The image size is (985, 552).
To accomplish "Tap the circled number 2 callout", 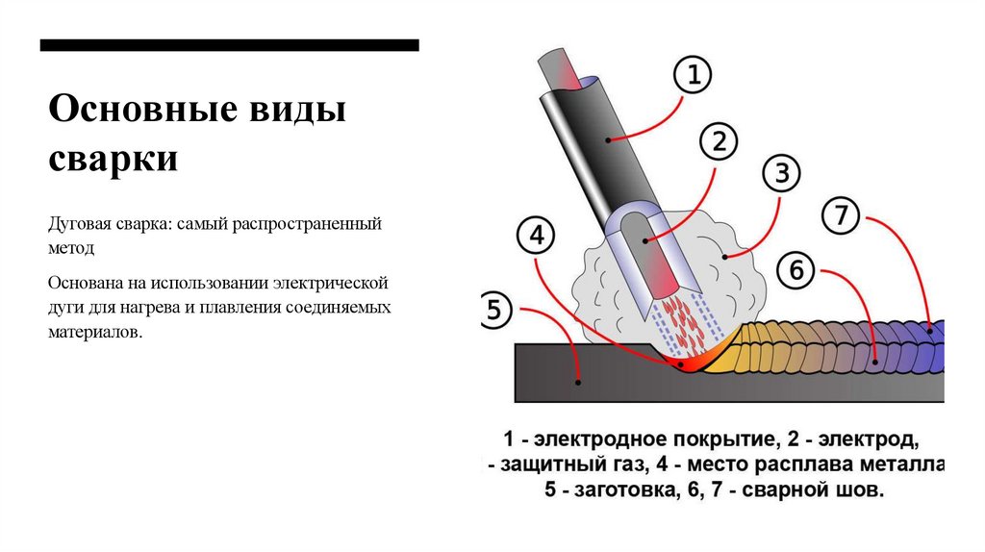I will click(x=718, y=142).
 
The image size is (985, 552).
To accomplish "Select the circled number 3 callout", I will click(x=781, y=174).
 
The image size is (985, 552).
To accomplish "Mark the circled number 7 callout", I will click(x=841, y=217).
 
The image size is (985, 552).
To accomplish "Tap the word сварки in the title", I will click(x=113, y=158).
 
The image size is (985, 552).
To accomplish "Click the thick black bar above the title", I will click(x=229, y=45).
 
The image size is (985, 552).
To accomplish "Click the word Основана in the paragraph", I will click(x=85, y=285).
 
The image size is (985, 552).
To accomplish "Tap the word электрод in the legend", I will click(x=872, y=440).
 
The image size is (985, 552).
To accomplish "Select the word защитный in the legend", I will click(x=548, y=465).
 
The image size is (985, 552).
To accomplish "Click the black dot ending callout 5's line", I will click(x=578, y=382).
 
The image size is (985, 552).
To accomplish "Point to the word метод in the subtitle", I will click(x=71, y=246).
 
